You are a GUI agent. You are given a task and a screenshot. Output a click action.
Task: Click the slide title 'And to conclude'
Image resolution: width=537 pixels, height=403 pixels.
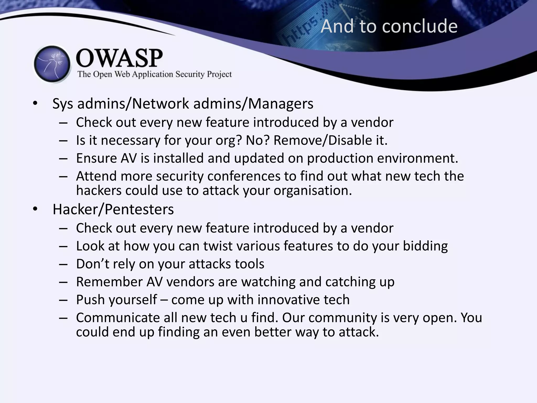[x=389, y=26]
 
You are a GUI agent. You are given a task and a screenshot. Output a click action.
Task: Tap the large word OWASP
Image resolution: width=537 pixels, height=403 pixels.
[x=119, y=58]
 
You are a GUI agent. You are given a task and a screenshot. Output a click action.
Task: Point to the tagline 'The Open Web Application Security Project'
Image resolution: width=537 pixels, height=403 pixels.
[x=154, y=74]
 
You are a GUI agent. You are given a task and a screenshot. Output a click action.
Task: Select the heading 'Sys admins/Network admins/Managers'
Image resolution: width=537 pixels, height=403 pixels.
[x=183, y=104]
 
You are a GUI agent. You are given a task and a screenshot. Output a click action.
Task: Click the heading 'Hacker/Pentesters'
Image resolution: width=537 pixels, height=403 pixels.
[x=113, y=209]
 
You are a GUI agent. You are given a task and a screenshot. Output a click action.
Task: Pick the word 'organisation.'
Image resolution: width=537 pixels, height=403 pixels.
[x=313, y=190]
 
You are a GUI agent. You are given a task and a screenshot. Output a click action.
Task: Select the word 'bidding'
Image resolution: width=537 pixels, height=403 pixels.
[x=425, y=246]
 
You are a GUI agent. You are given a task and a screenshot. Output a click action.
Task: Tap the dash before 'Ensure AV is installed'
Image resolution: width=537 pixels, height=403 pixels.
[x=63, y=158]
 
